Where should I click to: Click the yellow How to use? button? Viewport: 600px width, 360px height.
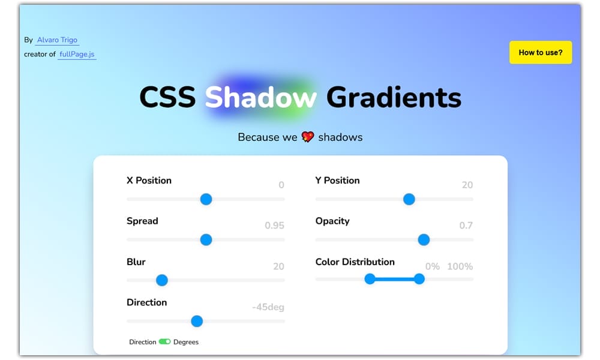pos(540,52)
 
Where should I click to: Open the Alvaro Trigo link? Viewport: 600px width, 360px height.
pos(57,40)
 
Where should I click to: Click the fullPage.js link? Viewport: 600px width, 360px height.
pos(77,54)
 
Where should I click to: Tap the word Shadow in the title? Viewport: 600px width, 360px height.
pos(260,97)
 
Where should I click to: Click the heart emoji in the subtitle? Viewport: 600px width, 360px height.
pos(308,137)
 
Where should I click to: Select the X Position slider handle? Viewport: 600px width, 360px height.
pos(206,199)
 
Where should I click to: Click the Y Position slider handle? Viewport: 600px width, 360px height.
pos(409,199)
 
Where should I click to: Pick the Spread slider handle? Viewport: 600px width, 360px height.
pos(206,240)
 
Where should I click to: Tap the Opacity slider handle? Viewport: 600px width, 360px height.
pos(424,240)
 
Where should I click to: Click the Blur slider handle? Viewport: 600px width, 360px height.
pos(161,280)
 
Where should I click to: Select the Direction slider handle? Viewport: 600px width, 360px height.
pos(197,321)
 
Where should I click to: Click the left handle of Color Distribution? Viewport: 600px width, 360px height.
pos(370,278)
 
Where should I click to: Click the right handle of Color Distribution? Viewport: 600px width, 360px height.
pos(419,278)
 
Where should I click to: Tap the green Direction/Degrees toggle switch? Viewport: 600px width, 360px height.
pos(164,342)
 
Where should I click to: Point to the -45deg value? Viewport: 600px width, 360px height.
pos(268,307)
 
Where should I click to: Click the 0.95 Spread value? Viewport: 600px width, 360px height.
pos(274,226)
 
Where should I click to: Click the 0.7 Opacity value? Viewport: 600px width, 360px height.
pos(466,226)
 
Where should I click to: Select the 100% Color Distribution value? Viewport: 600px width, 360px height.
pos(460,266)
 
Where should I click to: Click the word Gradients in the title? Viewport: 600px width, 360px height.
pos(394,97)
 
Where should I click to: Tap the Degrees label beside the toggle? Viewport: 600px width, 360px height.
pos(186,342)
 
